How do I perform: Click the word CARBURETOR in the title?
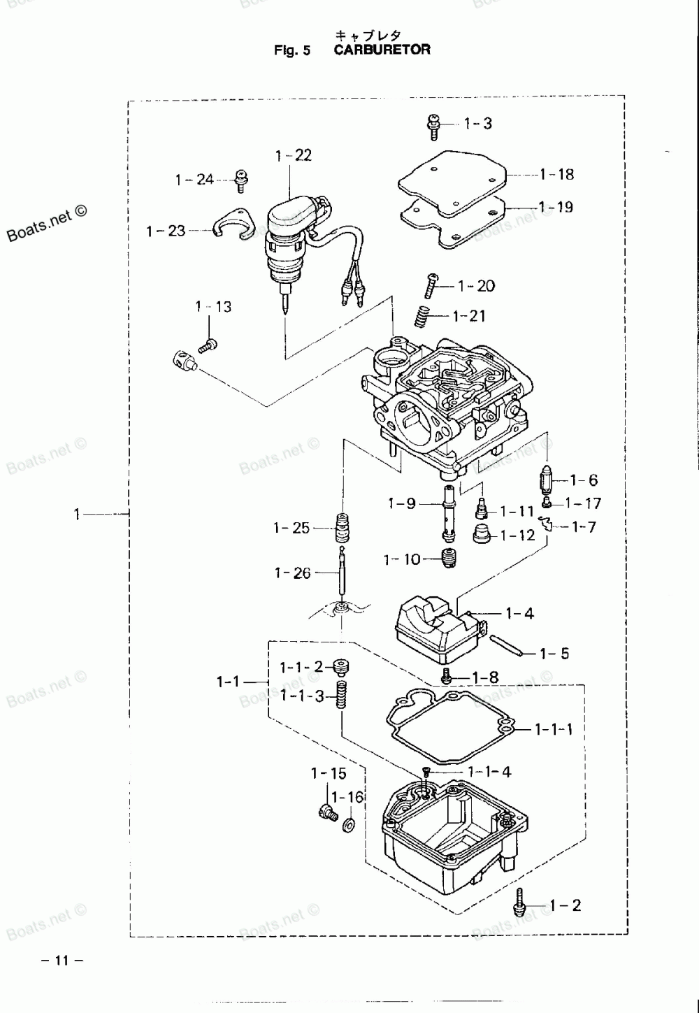tap(382, 50)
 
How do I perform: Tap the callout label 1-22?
tap(294, 155)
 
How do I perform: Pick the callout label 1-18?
tap(556, 174)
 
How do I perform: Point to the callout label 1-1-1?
tap(554, 729)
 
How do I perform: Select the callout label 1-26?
tap(292, 573)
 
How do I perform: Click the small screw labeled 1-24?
tap(241, 179)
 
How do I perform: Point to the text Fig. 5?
tap(292, 50)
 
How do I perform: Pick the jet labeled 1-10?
tap(449, 558)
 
